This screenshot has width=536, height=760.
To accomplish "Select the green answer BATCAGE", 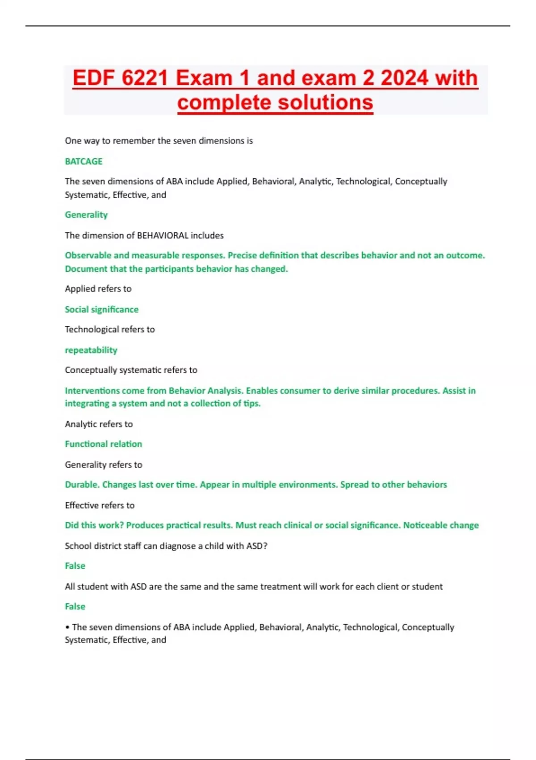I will [x=84, y=161].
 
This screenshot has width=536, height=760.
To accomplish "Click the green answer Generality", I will [x=86, y=215].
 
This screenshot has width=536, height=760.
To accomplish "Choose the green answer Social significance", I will [x=101, y=309].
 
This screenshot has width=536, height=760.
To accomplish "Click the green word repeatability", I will [x=91, y=350].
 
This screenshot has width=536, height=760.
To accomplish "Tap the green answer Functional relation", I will [x=103, y=444].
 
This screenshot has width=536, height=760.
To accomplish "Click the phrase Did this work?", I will [x=94, y=525].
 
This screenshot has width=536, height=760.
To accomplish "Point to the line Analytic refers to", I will [x=99, y=424].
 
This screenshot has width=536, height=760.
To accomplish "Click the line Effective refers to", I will [x=100, y=505].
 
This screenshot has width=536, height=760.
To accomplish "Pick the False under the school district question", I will [x=75, y=566].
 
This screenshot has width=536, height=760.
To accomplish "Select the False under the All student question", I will [x=75, y=607].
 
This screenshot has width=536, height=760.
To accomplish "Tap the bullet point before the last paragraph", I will [x=67, y=627].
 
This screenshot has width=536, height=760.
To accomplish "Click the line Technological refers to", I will [x=110, y=329].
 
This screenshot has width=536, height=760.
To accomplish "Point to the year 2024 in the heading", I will [x=404, y=78].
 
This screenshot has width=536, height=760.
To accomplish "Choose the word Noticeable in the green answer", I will [x=424, y=525].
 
